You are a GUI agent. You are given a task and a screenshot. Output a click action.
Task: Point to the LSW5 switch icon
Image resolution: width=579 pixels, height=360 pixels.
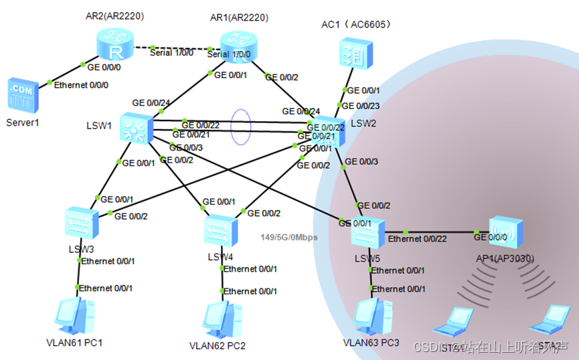click(367, 232)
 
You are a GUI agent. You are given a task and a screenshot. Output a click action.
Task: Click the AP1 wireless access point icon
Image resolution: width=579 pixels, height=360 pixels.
click(505, 233)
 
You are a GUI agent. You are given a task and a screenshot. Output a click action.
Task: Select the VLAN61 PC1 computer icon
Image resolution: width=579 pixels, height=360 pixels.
click(74, 316)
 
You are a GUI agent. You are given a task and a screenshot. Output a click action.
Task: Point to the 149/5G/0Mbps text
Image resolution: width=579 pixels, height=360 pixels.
click(288, 237)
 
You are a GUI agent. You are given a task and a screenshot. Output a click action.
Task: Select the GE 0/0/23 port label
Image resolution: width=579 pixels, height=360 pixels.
click(361, 105)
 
